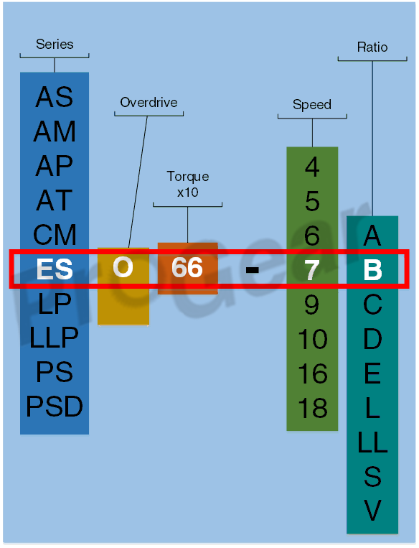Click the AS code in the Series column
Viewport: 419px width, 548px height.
click(55, 97)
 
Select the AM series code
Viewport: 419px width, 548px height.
click(55, 131)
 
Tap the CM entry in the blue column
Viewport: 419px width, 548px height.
click(55, 235)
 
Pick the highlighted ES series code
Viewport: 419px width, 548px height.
click(55, 269)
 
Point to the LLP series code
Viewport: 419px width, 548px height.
click(54, 338)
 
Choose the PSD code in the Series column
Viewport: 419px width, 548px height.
click(55, 407)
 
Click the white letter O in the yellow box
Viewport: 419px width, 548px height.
click(123, 268)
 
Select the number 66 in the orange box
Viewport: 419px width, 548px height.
click(187, 268)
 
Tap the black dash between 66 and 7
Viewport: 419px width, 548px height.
click(252, 270)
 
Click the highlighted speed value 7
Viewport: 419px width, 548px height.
click(312, 270)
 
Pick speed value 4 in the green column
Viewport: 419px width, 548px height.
click(312, 167)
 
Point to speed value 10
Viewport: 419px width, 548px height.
click(313, 339)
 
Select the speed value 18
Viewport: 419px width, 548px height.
click(313, 408)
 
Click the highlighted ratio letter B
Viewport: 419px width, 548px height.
click(372, 270)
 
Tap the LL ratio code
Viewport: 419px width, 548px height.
click(372, 442)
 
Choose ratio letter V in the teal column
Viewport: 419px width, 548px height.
click(372, 511)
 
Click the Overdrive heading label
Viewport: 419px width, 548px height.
click(149, 103)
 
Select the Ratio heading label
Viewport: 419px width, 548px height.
click(372, 47)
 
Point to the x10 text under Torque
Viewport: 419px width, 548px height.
click(187, 192)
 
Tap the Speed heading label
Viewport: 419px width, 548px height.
click(312, 104)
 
